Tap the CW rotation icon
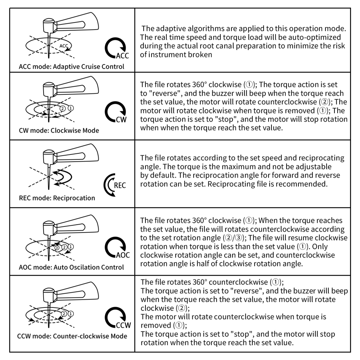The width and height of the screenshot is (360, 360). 116,112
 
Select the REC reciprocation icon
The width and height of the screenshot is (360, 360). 114,185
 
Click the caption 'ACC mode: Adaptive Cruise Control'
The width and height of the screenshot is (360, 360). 71,67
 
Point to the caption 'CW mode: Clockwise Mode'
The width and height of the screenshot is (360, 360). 59,130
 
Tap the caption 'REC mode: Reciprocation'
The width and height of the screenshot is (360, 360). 57,198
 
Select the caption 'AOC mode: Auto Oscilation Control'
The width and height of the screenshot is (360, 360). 71,267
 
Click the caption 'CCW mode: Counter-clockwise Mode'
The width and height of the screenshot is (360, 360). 72,336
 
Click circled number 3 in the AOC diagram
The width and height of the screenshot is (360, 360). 57,248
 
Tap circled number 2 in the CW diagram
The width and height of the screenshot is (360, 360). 62,108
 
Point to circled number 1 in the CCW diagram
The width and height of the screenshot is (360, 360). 71,314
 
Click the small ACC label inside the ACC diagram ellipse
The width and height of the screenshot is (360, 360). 64,46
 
